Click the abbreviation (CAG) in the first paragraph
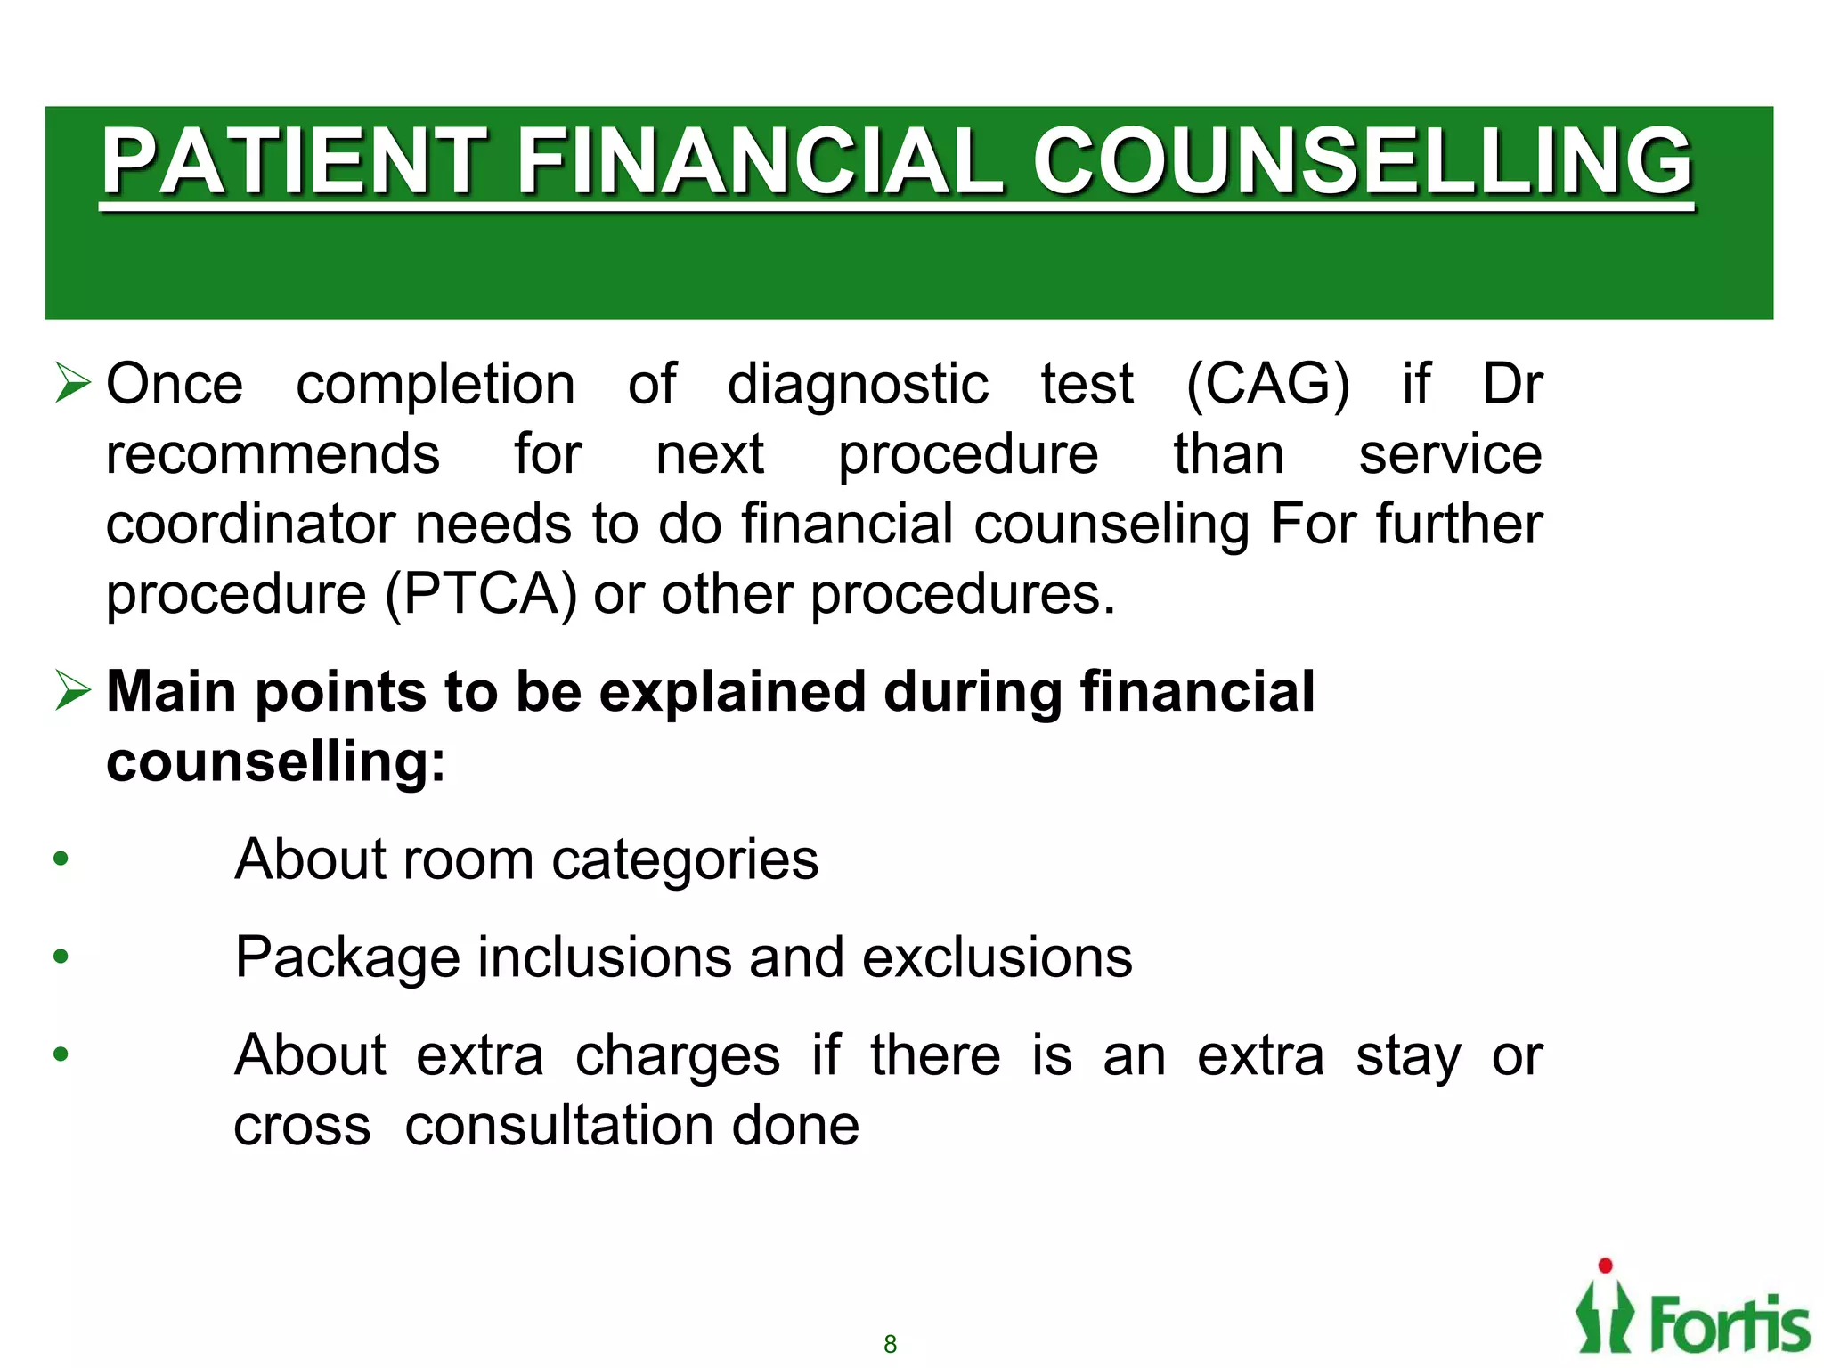1267,386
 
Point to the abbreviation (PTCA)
481,595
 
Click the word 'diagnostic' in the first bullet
858,386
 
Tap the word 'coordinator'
250,525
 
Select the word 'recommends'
273,455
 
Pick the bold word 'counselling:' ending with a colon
276,762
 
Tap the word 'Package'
346,959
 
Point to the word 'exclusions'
997,958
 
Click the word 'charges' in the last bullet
678,1057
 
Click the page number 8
890,1344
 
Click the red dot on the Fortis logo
1605,1266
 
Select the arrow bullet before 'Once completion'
73,383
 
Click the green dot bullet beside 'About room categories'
61,859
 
